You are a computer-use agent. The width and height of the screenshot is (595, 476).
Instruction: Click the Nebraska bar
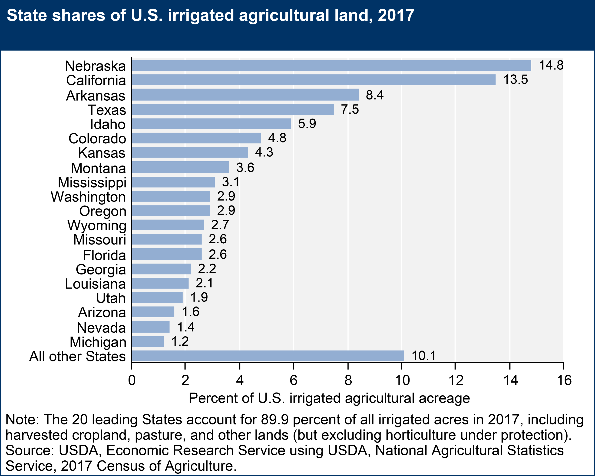click(x=331, y=65)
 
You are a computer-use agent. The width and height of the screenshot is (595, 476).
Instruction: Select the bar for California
click(x=314, y=80)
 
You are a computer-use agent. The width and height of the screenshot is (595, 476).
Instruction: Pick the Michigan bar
click(x=148, y=342)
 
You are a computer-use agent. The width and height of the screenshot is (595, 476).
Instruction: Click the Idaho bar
click(x=211, y=124)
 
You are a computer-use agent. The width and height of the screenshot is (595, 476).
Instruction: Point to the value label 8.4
click(x=374, y=95)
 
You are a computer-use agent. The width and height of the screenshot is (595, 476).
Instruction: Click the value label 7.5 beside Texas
click(x=350, y=109)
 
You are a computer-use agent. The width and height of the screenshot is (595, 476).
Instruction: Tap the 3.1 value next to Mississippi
click(x=231, y=182)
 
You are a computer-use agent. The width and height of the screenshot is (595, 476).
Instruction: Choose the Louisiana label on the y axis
click(x=95, y=284)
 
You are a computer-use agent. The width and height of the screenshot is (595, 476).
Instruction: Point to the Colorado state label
click(x=97, y=138)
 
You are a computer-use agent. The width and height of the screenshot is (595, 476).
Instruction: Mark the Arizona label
click(x=102, y=312)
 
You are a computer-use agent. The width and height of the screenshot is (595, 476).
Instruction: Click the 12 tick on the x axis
click(x=456, y=380)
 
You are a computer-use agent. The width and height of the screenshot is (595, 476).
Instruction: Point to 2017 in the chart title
click(x=396, y=15)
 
